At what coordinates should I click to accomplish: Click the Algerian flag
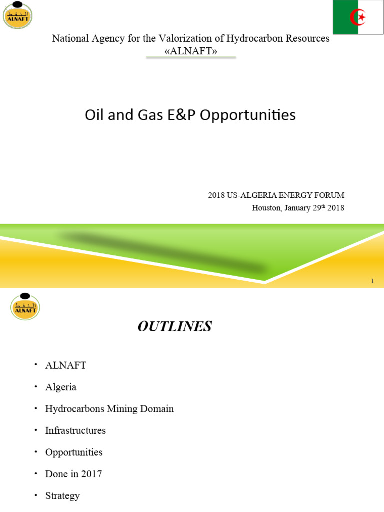point(358,17)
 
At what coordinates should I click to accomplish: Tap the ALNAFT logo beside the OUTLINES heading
point(25,305)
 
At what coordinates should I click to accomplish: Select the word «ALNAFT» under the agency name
point(191,50)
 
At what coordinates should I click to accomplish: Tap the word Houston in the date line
point(267,208)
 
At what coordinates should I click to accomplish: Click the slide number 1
point(372,281)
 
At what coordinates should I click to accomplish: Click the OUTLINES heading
point(174,327)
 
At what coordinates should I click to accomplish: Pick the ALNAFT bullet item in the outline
point(65,365)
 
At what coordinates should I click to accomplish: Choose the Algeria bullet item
point(61,387)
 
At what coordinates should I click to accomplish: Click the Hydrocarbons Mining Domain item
point(109,409)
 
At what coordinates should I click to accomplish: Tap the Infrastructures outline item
point(75,430)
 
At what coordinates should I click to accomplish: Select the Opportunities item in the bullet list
point(74,452)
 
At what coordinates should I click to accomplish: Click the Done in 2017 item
point(73,474)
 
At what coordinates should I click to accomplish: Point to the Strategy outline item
point(62,496)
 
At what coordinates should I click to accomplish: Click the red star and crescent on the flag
point(358,18)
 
